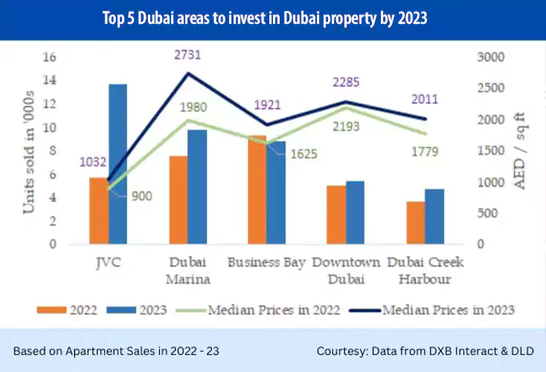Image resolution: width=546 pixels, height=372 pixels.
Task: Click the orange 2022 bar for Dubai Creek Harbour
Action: [415, 222]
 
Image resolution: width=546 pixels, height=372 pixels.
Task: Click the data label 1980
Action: [196, 106]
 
